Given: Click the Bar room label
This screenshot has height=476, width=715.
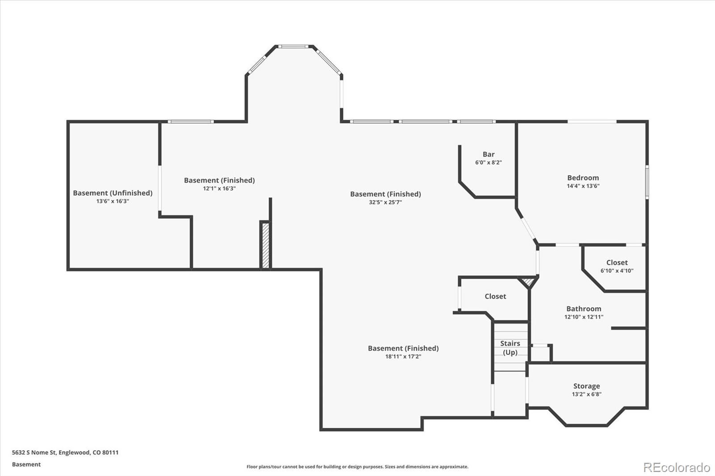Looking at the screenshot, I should pyautogui.click(x=488, y=154).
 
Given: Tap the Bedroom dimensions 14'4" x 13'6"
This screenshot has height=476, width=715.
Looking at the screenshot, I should pyautogui.click(x=583, y=186).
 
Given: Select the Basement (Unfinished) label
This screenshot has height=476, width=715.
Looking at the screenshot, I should pyautogui.click(x=113, y=193).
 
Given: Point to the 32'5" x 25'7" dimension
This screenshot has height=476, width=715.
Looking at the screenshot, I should pyautogui.click(x=385, y=202).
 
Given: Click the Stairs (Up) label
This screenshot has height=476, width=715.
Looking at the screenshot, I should pyautogui.click(x=510, y=348).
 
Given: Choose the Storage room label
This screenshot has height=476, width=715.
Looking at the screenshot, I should pyautogui.click(x=586, y=386).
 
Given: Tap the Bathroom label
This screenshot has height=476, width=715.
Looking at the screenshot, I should pyautogui.click(x=584, y=309).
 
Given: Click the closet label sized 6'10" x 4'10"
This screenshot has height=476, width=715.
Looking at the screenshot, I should pyautogui.click(x=617, y=263).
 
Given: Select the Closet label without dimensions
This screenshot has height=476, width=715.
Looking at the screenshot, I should pyautogui.click(x=495, y=296).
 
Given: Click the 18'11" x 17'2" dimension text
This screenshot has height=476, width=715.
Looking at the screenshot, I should pyautogui.click(x=403, y=357).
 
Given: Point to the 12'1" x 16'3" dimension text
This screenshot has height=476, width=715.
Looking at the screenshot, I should pyautogui.click(x=219, y=188).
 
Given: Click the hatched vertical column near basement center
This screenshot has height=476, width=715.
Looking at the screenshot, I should pyautogui.click(x=265, y=245).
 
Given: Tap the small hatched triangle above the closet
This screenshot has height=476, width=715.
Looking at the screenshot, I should pyautogui.click(x=528, y=282).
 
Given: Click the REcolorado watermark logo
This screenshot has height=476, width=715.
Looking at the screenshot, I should pyautogui.click(x=676, y=467).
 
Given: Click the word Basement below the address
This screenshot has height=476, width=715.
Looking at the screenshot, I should pyautogui.click(x=26, y=464).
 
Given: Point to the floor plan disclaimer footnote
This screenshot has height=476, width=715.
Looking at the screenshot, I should pyautogui.click(x=357, y=467).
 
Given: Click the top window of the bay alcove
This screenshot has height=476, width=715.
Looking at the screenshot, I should pyautogui.click(x=294, y=46).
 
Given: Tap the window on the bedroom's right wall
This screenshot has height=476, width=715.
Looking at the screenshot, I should pyautogui.click(x=647, y=182).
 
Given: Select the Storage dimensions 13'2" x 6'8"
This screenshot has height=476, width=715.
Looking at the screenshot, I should pyautogui.click(x=586, y=394).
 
